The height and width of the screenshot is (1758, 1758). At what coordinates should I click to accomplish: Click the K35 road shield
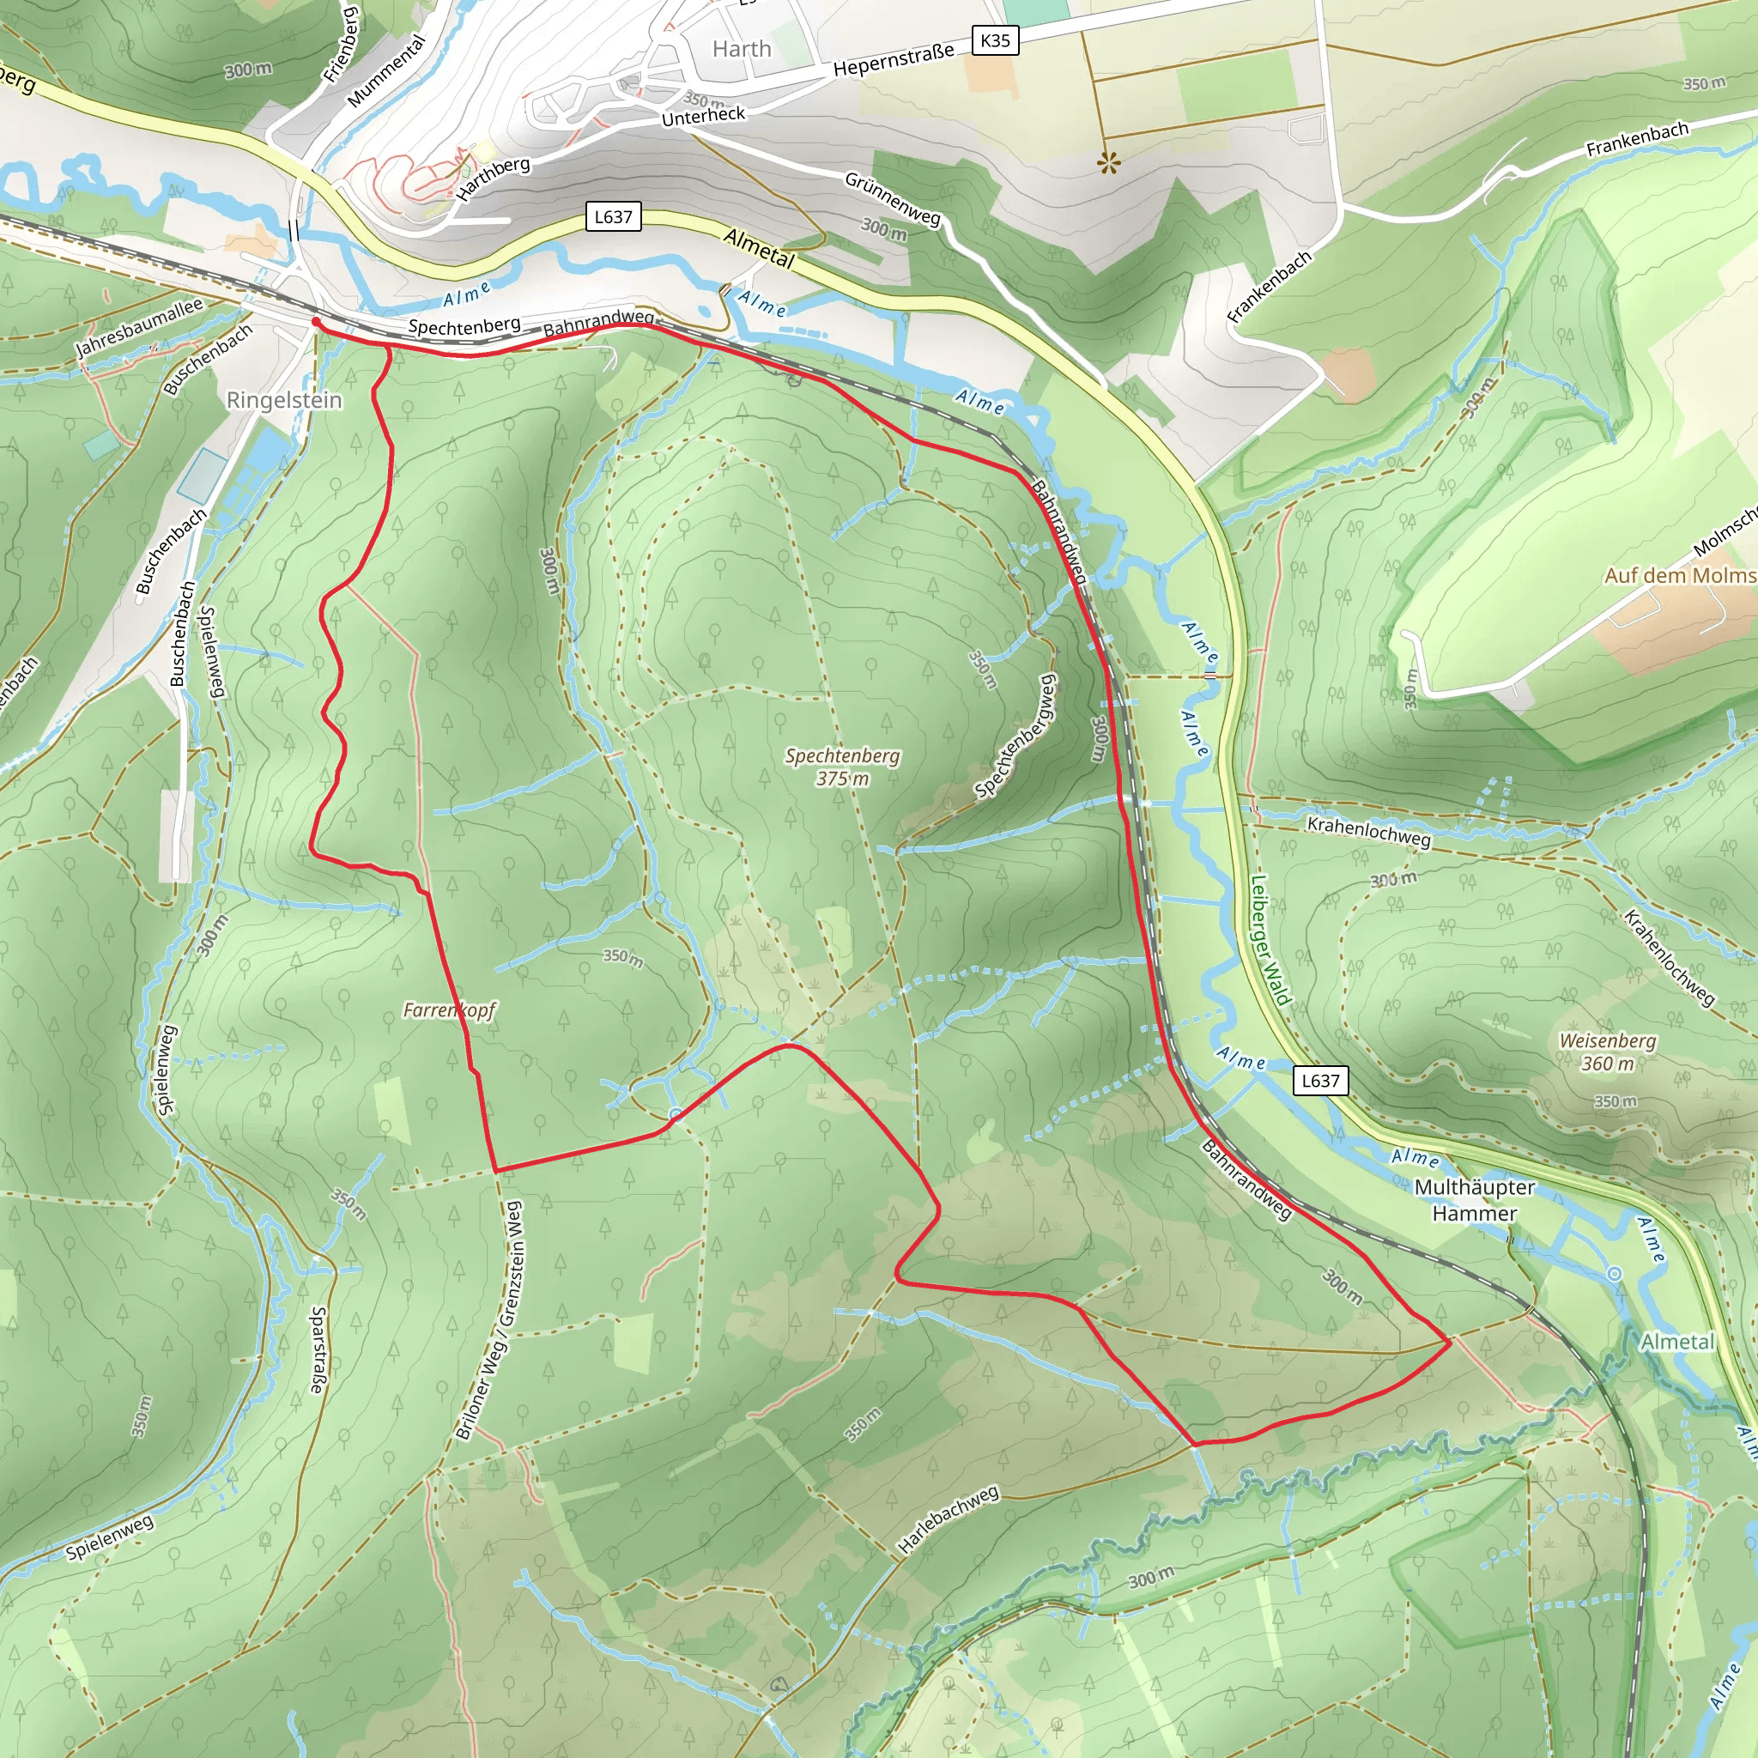pyautogui.click(x=995, y=40)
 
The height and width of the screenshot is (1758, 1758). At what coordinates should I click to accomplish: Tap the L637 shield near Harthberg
pyautogui.click(x=612, y=216)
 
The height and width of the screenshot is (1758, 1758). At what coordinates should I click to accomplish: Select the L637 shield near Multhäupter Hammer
pyautogui.click(x=1319, y=1080)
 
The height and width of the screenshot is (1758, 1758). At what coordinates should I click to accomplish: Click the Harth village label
pyautogui.click(x=741, y=49)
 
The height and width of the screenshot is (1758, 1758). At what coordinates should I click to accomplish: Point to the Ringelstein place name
pyautogui.click(x=284, y=400)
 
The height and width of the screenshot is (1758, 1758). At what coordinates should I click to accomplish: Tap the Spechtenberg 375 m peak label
pyautogui.click(x=843, y=767)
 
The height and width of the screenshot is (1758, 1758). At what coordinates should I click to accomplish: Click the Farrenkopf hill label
pyautogui.click(x=450, y=1010)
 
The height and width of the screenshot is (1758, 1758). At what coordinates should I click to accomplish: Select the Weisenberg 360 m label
pyautogui.click(x=1607, y=1052)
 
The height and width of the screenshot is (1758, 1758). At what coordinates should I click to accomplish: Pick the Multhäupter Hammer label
pyautogui.click(x=1474, y=1200)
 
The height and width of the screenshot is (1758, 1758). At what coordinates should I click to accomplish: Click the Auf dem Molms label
pyautogui.click(x=1679, y=575)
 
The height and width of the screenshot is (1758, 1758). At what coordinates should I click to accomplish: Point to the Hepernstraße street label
pyautogui.click(x=894, y=59)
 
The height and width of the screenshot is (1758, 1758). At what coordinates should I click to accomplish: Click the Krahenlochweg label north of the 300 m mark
pyautogui.click(x=1367, y=831)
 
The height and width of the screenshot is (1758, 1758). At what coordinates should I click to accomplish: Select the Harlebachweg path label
pyautogui.click(x=949, y=1519)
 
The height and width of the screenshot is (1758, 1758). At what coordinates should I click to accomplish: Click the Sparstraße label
pyautogui.click(x=318, y=1349)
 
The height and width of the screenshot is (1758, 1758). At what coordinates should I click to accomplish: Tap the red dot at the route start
pyautogui.click(x=316, y=321)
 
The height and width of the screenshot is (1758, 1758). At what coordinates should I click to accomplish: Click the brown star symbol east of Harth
pyautogui.click(x=1107, y=164)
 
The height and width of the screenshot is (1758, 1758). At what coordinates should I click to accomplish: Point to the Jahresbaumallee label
pyautogui.click(x=138, y=327)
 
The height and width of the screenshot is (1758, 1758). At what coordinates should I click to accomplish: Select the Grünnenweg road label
pyautogui.click(x=892, y=197)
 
